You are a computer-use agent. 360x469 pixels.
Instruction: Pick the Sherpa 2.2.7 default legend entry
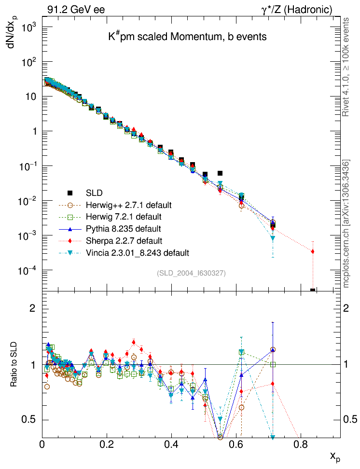(124, 240)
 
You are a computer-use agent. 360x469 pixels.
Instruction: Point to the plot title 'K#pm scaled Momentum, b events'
(187, 37)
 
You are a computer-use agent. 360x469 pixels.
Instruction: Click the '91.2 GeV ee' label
(76, 10)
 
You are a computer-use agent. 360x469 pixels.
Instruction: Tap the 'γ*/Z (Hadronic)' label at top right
(297, 10)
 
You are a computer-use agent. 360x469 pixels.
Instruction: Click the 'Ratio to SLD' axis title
(14, 365)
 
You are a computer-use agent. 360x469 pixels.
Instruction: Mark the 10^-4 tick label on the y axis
(28, 271)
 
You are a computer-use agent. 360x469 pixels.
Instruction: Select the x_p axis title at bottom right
(335, 456)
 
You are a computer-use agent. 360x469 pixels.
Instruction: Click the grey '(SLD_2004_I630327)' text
(191, 273)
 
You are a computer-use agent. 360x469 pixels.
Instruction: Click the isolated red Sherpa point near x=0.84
(313, 251)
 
